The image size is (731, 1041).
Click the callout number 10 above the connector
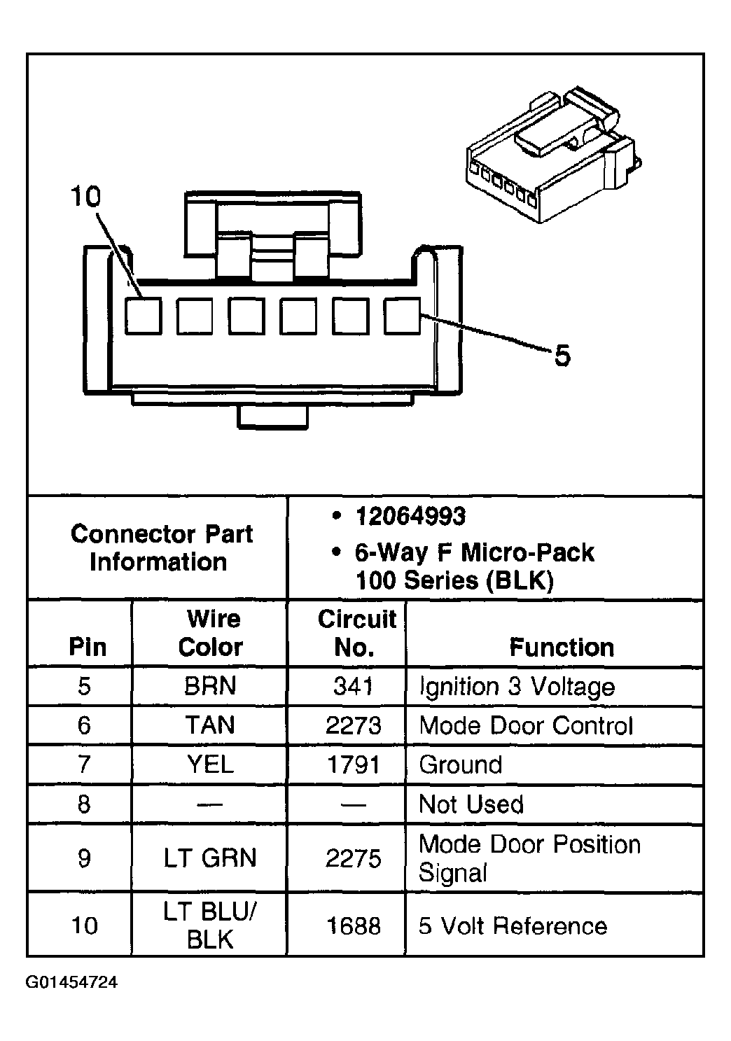pyautogui.click(x=86, y=197)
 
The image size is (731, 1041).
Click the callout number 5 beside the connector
pyautogui.click(x=562, y=356)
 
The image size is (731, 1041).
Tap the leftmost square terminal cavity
pyautogui.click(x=144, y=316)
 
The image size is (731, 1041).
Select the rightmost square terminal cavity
pyautogui.click(x=402, y=316)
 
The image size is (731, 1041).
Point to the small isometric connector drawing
pyautogui.click(x=550, y=155)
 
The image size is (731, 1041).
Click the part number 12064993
pyautogui.click(x=410, y=517)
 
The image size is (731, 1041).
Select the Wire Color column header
pyautogui.click(x=210, y=633)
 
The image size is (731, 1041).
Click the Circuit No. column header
pyautogui.click(x=356, y=633)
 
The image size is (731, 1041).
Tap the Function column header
pyautogui.click(x=562, y=647)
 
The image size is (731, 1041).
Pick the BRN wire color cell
pyautogui.click(x=210, y=686)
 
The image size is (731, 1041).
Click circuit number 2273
pyautogui.click(x=354, y=725)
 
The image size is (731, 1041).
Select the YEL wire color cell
pyautogui.click(x=210, y=764)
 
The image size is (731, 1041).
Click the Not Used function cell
pyautogui.click(x=471, y=804)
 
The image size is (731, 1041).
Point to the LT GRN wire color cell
pyautogui.click(x=210, y=858)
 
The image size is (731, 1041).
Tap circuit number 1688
pyautogui.click(x=354, y=926)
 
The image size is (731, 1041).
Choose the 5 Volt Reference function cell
pyautogui.click(x=513, y=926)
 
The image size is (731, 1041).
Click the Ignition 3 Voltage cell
pyautogui.click(x=517, y=686)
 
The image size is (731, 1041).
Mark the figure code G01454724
pyautogui.click(x=71, y=982)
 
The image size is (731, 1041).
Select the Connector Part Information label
pyautogui.click(x=160, y=547)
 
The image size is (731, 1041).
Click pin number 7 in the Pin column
pyautogui.click(x=84, y=764)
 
